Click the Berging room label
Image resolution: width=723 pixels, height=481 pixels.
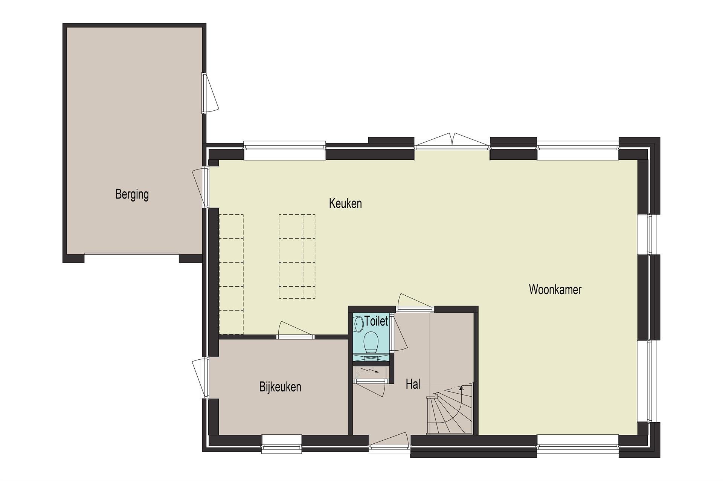pos(132,194)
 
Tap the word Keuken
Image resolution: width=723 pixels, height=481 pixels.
pos(345,203)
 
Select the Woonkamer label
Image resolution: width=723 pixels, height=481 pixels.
pos(555,289)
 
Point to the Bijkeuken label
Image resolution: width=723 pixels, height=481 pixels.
pos(280,387)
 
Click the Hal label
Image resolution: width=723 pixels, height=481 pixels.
pos(413,384)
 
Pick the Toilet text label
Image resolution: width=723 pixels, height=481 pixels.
pos(376,321)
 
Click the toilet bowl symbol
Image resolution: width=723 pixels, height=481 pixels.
pos(371,342)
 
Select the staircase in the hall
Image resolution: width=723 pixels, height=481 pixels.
pos(450,408)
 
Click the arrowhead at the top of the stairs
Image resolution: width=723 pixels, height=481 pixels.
pos(462,387)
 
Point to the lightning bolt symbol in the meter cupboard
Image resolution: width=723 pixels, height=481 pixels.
pos(370,371)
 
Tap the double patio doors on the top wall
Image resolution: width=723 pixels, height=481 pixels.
pos(452,143)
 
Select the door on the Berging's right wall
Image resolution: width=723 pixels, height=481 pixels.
pos(209,93)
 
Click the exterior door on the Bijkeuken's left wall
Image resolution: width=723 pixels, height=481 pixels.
pos(201,379)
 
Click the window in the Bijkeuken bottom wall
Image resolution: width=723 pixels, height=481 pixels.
pos(282,442)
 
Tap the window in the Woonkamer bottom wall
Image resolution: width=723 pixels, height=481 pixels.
pos(578,442)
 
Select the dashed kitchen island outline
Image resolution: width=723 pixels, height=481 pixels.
pos(297,257)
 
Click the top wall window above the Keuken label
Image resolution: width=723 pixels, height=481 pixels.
pos(285,151)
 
